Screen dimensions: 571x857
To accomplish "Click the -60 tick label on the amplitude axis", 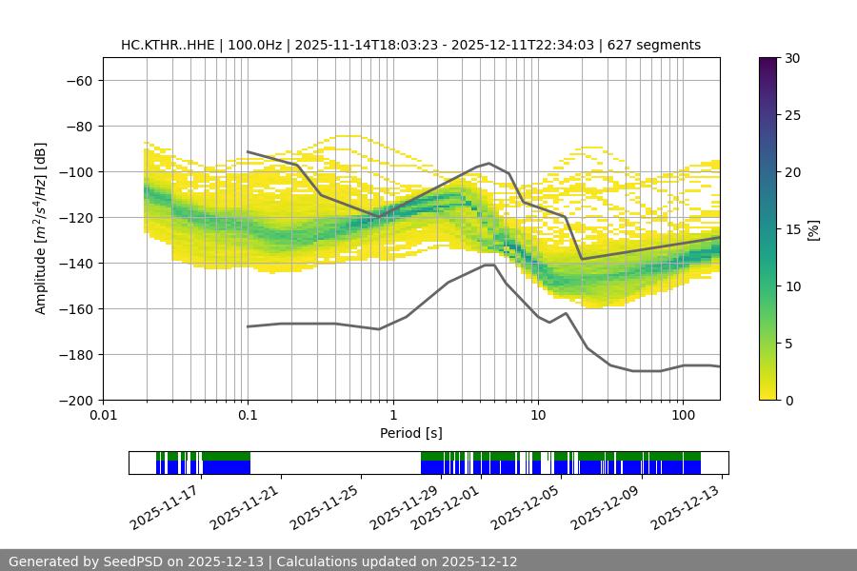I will [x=78, y=80].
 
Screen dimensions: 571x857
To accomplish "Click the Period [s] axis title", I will [x=410, y=433].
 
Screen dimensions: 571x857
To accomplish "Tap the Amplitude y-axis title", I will [x=41, y=228].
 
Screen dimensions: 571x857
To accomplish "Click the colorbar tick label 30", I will [x=791, y=58].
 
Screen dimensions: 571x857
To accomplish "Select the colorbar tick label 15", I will [x=791, y=229].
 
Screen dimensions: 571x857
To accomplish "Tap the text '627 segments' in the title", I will [x=657, y=45].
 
